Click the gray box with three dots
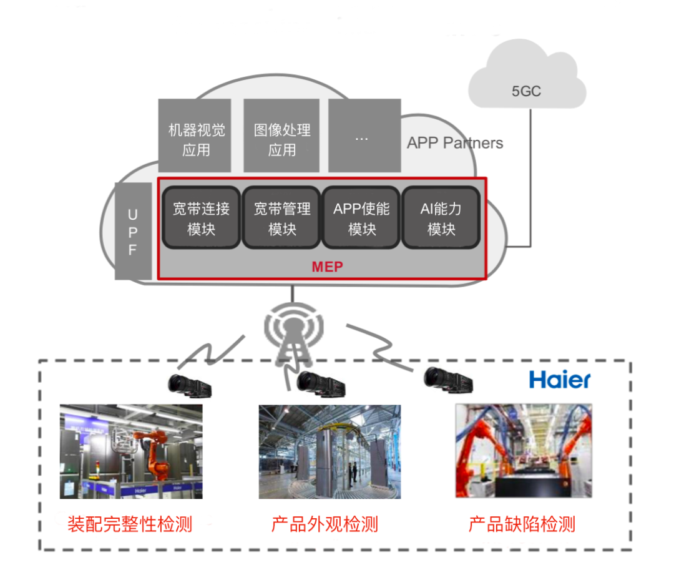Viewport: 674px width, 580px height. pyautogui.click(x=364, y=136)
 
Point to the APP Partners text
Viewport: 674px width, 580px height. pyautogui.click(x=455, y=143)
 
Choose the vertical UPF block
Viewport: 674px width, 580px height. pyautogui.click(x=133, y=232)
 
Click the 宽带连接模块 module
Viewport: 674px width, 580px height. pyautogui.click(x=201, y=218)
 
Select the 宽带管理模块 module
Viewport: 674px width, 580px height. pyautogui.click(x=281, y=218)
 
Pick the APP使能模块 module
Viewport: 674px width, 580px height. pyautogui.click(x=361, y=218)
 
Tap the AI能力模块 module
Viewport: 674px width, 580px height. pyautogui.click(x=441, y=218)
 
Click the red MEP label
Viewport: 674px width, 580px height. pyautogui.click(x=327, y=267)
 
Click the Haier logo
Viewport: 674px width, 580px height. pyautogui.click(x=559, y=378)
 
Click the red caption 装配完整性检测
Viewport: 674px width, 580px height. pyautogui.click(x=130, y=524)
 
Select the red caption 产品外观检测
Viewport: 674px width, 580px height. pyautogui.click(x=325, y=524)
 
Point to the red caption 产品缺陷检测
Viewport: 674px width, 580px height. pyautogui.click(x=522, y=524)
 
